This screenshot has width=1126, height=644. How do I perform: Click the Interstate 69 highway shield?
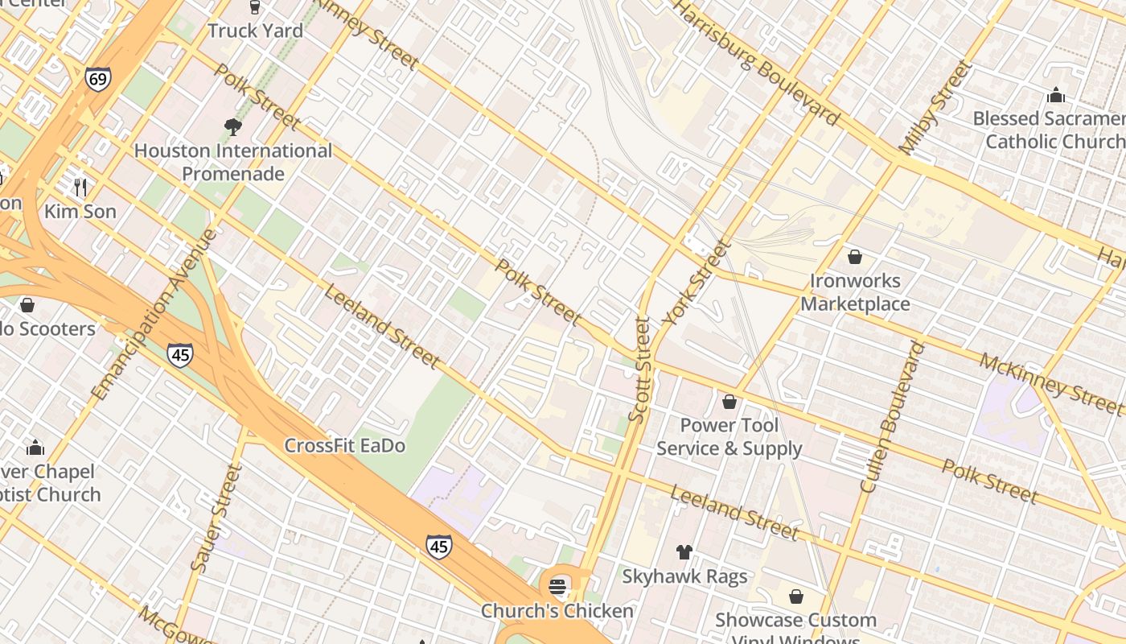[97, 78]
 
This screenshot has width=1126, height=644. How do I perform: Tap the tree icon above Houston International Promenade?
[232, 127]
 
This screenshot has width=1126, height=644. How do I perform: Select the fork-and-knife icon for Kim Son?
[80, 188]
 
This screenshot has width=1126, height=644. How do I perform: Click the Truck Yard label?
[255, 31]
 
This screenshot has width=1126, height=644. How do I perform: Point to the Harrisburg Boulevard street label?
[755, 62]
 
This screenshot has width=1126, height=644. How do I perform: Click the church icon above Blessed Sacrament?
[1056, 96]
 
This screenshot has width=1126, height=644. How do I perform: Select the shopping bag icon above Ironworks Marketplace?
[855, 257]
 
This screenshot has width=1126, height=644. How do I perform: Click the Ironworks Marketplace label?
[855, 292]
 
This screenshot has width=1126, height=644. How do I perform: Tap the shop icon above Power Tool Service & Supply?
[729, 401]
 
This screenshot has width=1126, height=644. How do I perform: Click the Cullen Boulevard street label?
[892, 416]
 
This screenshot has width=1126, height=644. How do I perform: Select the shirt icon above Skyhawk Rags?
[684, 552]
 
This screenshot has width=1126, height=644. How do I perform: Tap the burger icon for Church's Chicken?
[558, 586]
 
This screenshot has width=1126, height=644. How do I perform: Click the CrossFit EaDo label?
[345, 445]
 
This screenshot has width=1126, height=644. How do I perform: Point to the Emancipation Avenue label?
[154, 315]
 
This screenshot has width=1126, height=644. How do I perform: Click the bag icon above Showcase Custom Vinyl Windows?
[795, 597]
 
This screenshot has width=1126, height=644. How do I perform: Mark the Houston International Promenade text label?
[232, 162]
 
